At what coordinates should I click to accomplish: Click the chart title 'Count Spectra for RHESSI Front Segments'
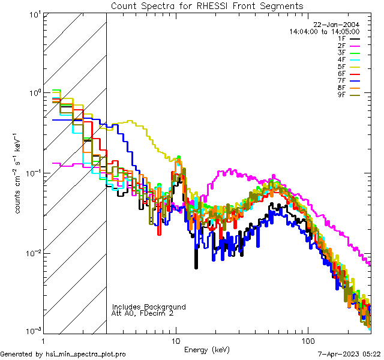point(207,6)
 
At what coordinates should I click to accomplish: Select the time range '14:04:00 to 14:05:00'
point(324,31)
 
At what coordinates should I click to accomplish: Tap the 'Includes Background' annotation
point(149,307)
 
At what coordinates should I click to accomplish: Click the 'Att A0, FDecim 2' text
point(143,313)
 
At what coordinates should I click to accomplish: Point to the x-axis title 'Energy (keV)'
point(206,349)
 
